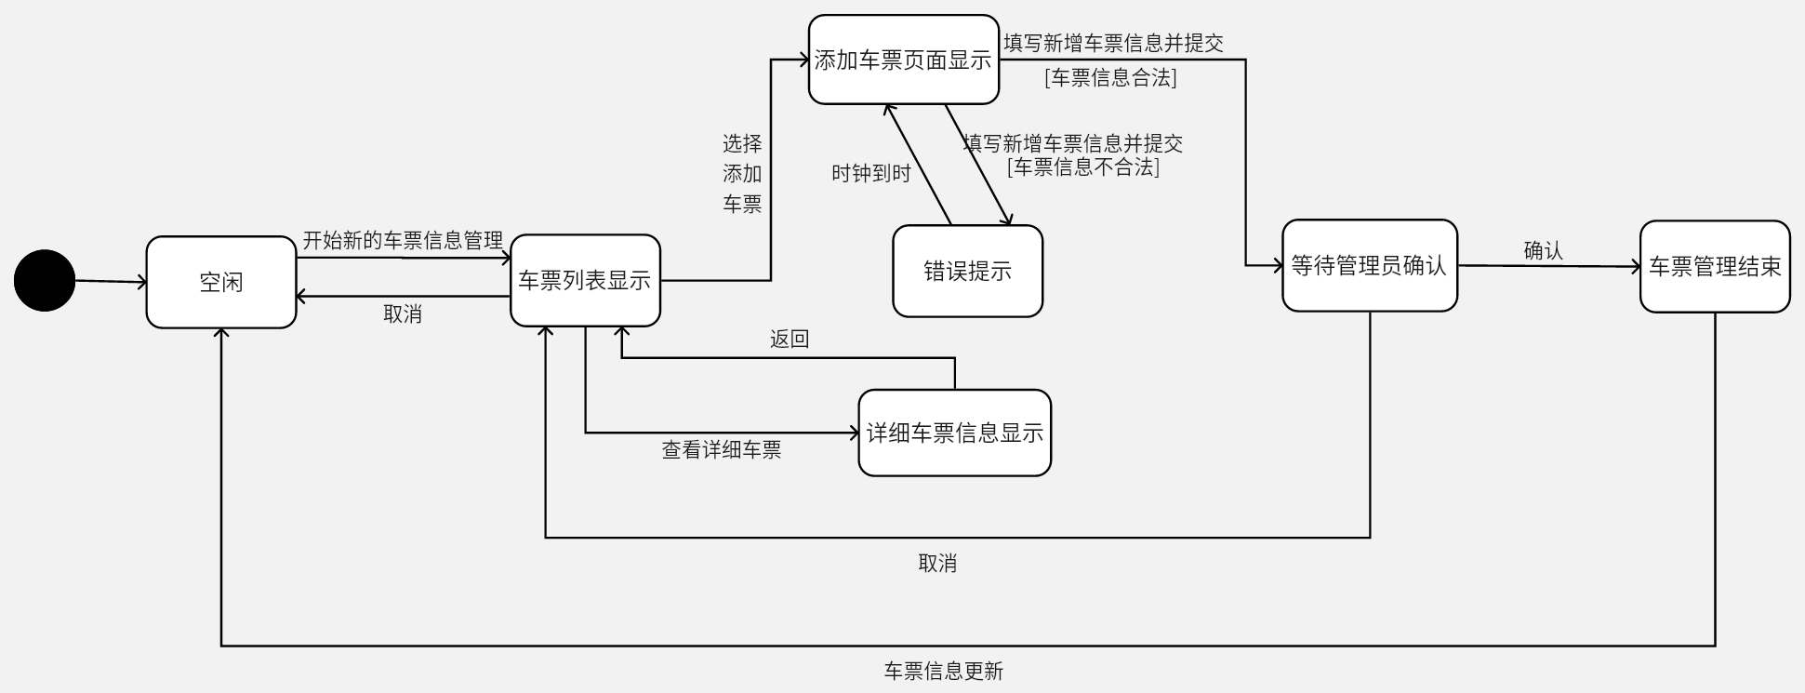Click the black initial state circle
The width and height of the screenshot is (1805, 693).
(x=44, y=280)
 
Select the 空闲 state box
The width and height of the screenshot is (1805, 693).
(x=221, y=282)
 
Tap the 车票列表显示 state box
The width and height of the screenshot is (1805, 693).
(x=585, y=280)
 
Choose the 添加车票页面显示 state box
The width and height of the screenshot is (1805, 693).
(x=903, y=60)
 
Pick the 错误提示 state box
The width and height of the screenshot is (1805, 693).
(x=967, y=271)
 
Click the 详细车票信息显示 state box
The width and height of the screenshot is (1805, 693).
(x=954, y=433)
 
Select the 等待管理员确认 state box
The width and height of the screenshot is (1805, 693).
(x=1369, y=265)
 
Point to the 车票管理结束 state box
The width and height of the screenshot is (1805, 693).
(x=1714, y=266)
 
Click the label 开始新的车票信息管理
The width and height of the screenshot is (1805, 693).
(x=403, y=241)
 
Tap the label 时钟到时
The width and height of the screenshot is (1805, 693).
(x=870, y=173)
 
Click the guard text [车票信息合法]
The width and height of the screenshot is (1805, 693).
(x=1110, y=78)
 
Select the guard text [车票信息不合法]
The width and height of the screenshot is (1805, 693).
(x=1082, y=167)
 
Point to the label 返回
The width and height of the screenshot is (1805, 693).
(x=790, y=340)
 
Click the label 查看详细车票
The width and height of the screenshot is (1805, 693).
(x=721, y=450)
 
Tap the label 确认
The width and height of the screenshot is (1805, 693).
(x=1543, y=250)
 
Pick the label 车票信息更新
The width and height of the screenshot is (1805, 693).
(x=943, y=671)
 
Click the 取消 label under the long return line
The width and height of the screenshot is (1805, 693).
(x=936, y=563)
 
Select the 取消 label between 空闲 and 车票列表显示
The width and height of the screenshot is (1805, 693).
(x=403, y=314)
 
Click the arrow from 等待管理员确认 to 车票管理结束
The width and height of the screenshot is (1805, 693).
(x=1548, y=266)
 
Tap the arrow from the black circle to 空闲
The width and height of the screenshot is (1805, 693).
(x=110, y=281)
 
